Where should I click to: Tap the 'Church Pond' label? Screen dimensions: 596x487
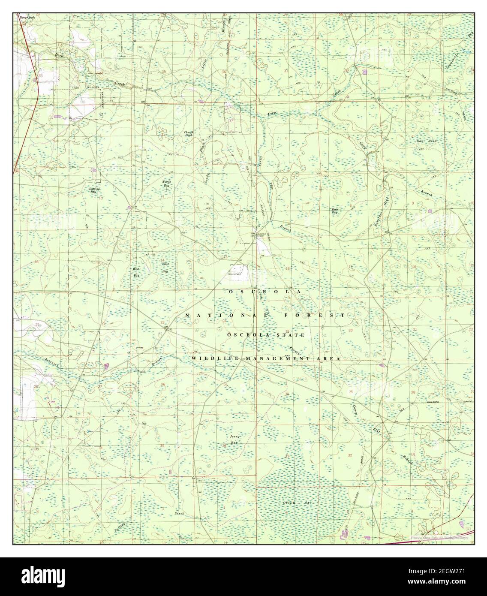[x=189, y=133]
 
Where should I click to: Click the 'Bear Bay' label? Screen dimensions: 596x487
[x=335, y=211]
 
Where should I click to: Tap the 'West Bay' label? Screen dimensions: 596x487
[x=137, y=272]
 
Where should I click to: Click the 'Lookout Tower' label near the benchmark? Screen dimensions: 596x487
[x=262, y=234]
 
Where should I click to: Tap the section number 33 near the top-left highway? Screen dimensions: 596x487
[x=40, y=75]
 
